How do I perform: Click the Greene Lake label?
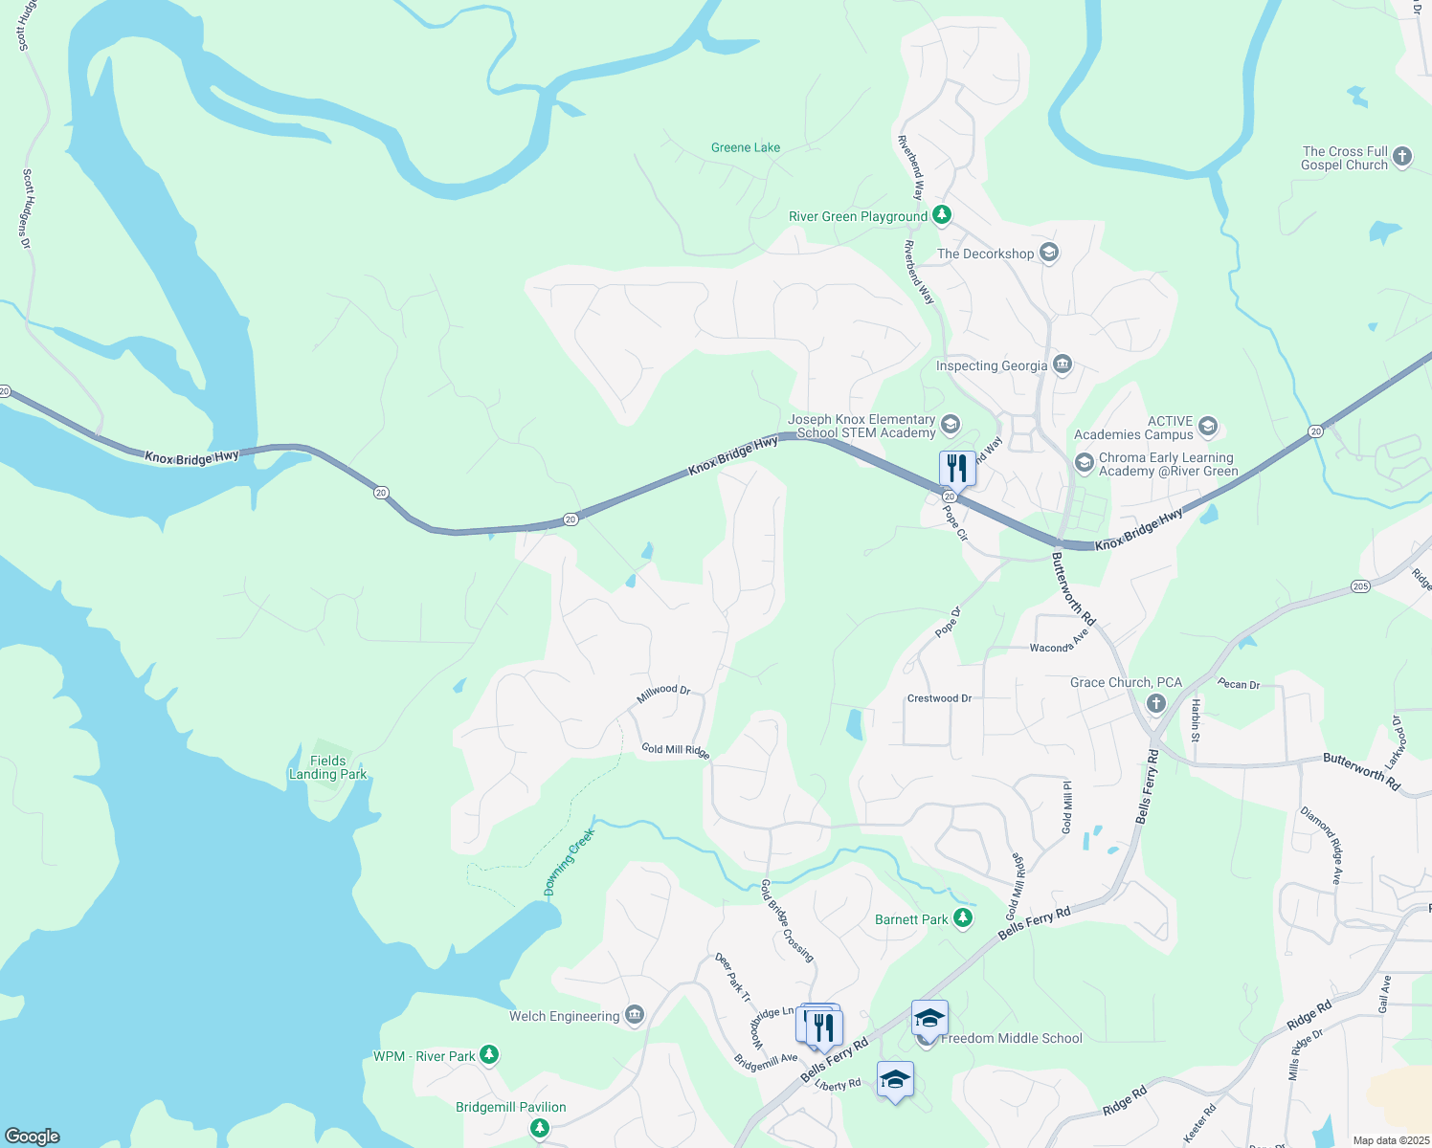pos(746,147)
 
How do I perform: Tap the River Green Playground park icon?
pos(942,215)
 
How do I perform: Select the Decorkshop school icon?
pos(1048,254)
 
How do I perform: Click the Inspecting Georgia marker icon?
pos(1062,365)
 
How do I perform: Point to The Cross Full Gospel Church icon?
pos(1402,157)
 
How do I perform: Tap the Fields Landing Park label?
pos(327,767)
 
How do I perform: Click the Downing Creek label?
pos(570,861)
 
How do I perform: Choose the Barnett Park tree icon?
pos(963,918)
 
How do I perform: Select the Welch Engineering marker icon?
pos(634,1015)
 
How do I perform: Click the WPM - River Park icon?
pos(489,1055)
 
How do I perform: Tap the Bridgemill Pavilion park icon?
pos(540,1128)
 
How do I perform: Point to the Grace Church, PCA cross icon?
pos(1156,704)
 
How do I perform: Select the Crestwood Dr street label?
pos(939,698)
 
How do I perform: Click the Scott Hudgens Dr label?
pos(27,209)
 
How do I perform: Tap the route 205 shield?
pos(1360,585)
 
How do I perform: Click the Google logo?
pos(33,1137)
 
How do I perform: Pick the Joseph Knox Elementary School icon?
pos(950,425)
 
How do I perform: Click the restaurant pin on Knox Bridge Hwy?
pos(957,468)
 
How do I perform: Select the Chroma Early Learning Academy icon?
pos(1085,464)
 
